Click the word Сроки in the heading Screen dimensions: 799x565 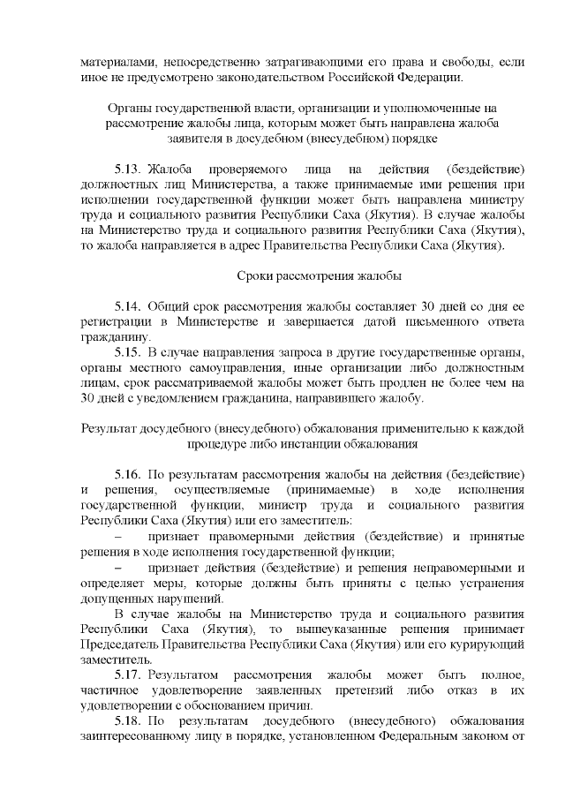click(x=258, y=275)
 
